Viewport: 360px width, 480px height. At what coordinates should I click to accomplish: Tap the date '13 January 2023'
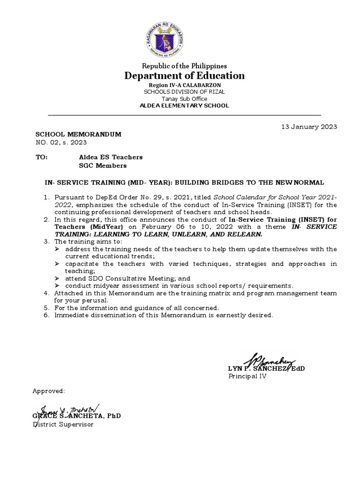tap(309, 127)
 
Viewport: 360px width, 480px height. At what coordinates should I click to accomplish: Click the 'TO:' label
tap(42, 157)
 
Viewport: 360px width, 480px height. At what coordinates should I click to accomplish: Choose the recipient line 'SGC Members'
tap(103, 165)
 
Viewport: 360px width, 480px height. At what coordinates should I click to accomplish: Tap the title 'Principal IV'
tap(247, 376)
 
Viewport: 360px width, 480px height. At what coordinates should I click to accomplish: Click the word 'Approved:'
tap(49, 391)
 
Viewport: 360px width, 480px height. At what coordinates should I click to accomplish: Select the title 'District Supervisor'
tap(63, 424)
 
